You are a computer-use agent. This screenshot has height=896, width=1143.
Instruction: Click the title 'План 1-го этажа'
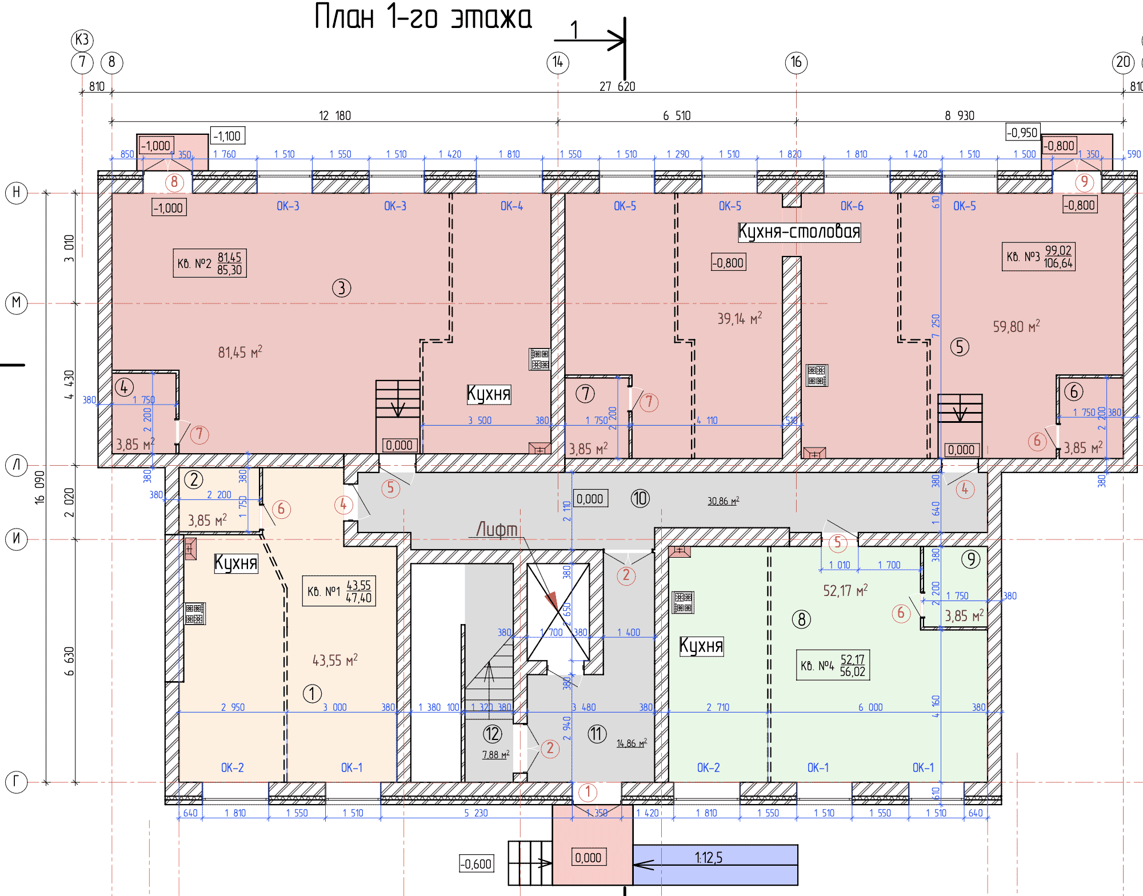423,17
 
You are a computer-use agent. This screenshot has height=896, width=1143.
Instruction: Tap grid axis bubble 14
558,62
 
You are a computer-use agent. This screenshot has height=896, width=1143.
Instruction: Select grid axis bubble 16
796,62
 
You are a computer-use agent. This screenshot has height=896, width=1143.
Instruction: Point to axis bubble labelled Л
17,465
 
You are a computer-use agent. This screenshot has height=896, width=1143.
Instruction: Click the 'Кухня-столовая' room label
799,232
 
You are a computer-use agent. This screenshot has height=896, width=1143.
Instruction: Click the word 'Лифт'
497,530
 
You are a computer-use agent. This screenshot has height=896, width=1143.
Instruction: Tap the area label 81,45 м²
239,352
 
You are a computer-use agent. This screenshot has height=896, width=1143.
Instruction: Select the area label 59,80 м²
1016,327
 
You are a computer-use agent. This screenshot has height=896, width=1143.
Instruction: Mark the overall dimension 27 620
617,86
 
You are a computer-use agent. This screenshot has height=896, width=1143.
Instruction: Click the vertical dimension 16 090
39,486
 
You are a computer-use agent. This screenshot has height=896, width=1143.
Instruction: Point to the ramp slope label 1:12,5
709,858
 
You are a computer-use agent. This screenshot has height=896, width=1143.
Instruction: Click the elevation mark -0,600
476,864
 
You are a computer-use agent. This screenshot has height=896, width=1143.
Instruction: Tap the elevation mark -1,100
227,136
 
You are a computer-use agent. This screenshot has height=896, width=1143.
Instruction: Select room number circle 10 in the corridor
640,498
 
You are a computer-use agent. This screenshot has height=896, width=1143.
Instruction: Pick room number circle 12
492,734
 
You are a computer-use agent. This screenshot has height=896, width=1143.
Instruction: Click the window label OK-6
852,206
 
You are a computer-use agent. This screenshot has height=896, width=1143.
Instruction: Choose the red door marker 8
174,182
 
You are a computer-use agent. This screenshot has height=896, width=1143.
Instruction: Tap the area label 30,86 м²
723,501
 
